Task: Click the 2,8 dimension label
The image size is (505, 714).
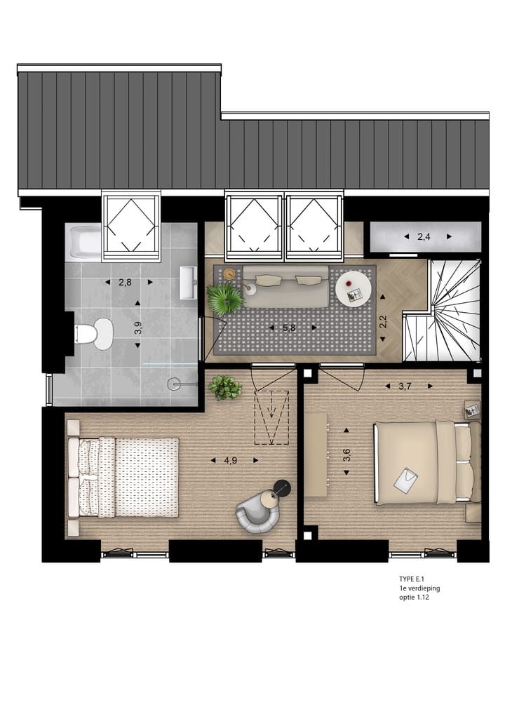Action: [x=125, y=283]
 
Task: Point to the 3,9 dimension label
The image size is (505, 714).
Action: [x=138, y=327]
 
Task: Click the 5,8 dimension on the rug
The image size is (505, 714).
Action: [x=290, y=327]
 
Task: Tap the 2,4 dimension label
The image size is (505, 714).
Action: [x=424, y=237]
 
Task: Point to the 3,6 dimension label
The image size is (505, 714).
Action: [x=346, y=454]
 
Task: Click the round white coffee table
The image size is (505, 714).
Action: [x=352, y=288]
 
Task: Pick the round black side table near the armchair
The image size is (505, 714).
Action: [x=281, y=487]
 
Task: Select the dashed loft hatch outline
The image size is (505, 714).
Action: [x=273, y=417]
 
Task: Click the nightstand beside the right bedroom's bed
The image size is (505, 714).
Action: [x=472, y=408]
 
